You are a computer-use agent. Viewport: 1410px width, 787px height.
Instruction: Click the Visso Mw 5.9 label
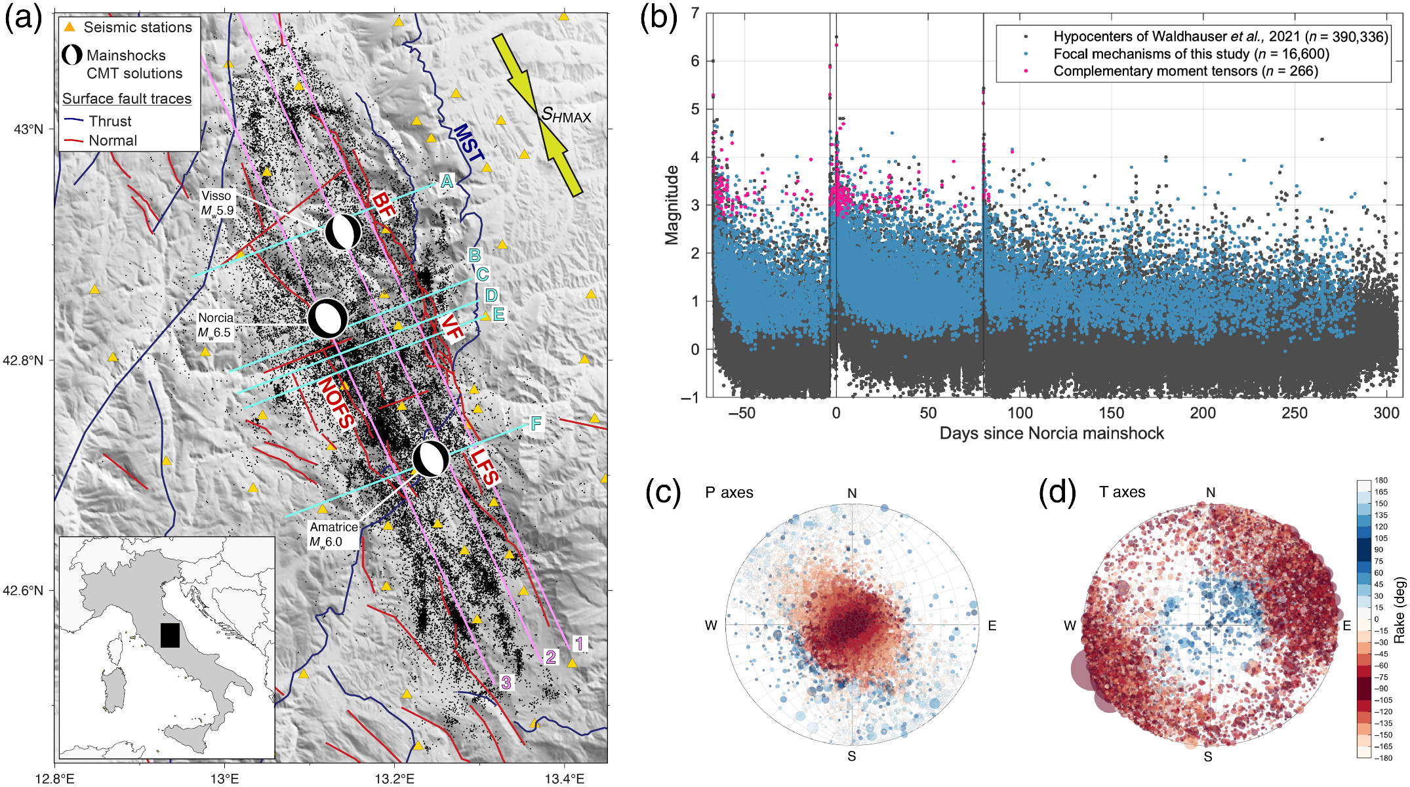[x=217, y=203]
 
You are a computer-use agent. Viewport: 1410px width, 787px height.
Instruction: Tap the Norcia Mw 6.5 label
[x=215, y=325]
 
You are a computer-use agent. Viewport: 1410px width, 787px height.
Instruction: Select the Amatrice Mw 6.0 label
[x=334, y=534]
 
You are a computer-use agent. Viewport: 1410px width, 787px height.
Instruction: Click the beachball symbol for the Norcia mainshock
[x=328, y=318]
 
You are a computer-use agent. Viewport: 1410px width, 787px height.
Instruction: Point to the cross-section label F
[x=536, y=424]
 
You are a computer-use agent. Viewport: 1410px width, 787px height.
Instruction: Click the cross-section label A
[x=447, y=181]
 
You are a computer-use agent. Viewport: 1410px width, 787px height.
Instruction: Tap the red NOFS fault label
[x=336, y=403]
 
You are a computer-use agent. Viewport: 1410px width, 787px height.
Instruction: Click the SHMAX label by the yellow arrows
[x=566, y=116]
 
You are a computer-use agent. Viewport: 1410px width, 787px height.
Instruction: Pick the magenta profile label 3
[x=506, y=683]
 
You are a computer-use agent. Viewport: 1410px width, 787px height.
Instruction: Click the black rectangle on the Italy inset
[x=170, y=635]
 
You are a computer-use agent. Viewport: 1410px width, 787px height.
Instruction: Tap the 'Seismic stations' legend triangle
[x=70, y=28]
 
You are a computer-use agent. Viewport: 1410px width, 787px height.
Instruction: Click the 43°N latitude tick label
[x=28, y=129]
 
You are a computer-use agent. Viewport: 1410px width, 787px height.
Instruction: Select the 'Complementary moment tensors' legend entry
[x=1185, y=71]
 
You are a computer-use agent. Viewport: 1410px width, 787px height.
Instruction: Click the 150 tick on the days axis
[x=1112, y=413]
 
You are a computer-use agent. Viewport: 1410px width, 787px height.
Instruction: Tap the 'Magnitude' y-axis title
[x=672, y=205]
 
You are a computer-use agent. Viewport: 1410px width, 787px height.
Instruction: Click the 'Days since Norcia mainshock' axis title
[x=1051, y=434]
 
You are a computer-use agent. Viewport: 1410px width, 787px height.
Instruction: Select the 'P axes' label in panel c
[x=729, y=493]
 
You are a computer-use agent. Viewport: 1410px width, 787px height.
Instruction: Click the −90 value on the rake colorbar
[x=1380, y=689]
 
